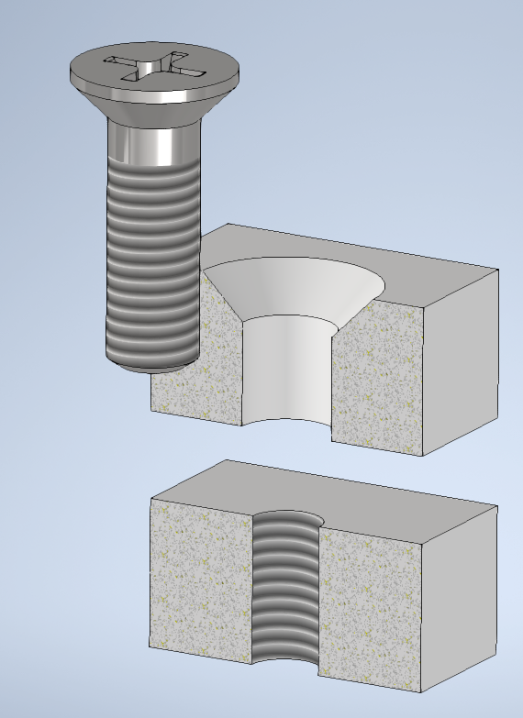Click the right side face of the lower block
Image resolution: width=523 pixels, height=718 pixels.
(x=459, y=596)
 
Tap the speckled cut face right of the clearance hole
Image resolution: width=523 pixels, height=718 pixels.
(x=376, y=376)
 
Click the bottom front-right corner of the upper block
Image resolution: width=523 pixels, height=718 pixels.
(x=421, y=456)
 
